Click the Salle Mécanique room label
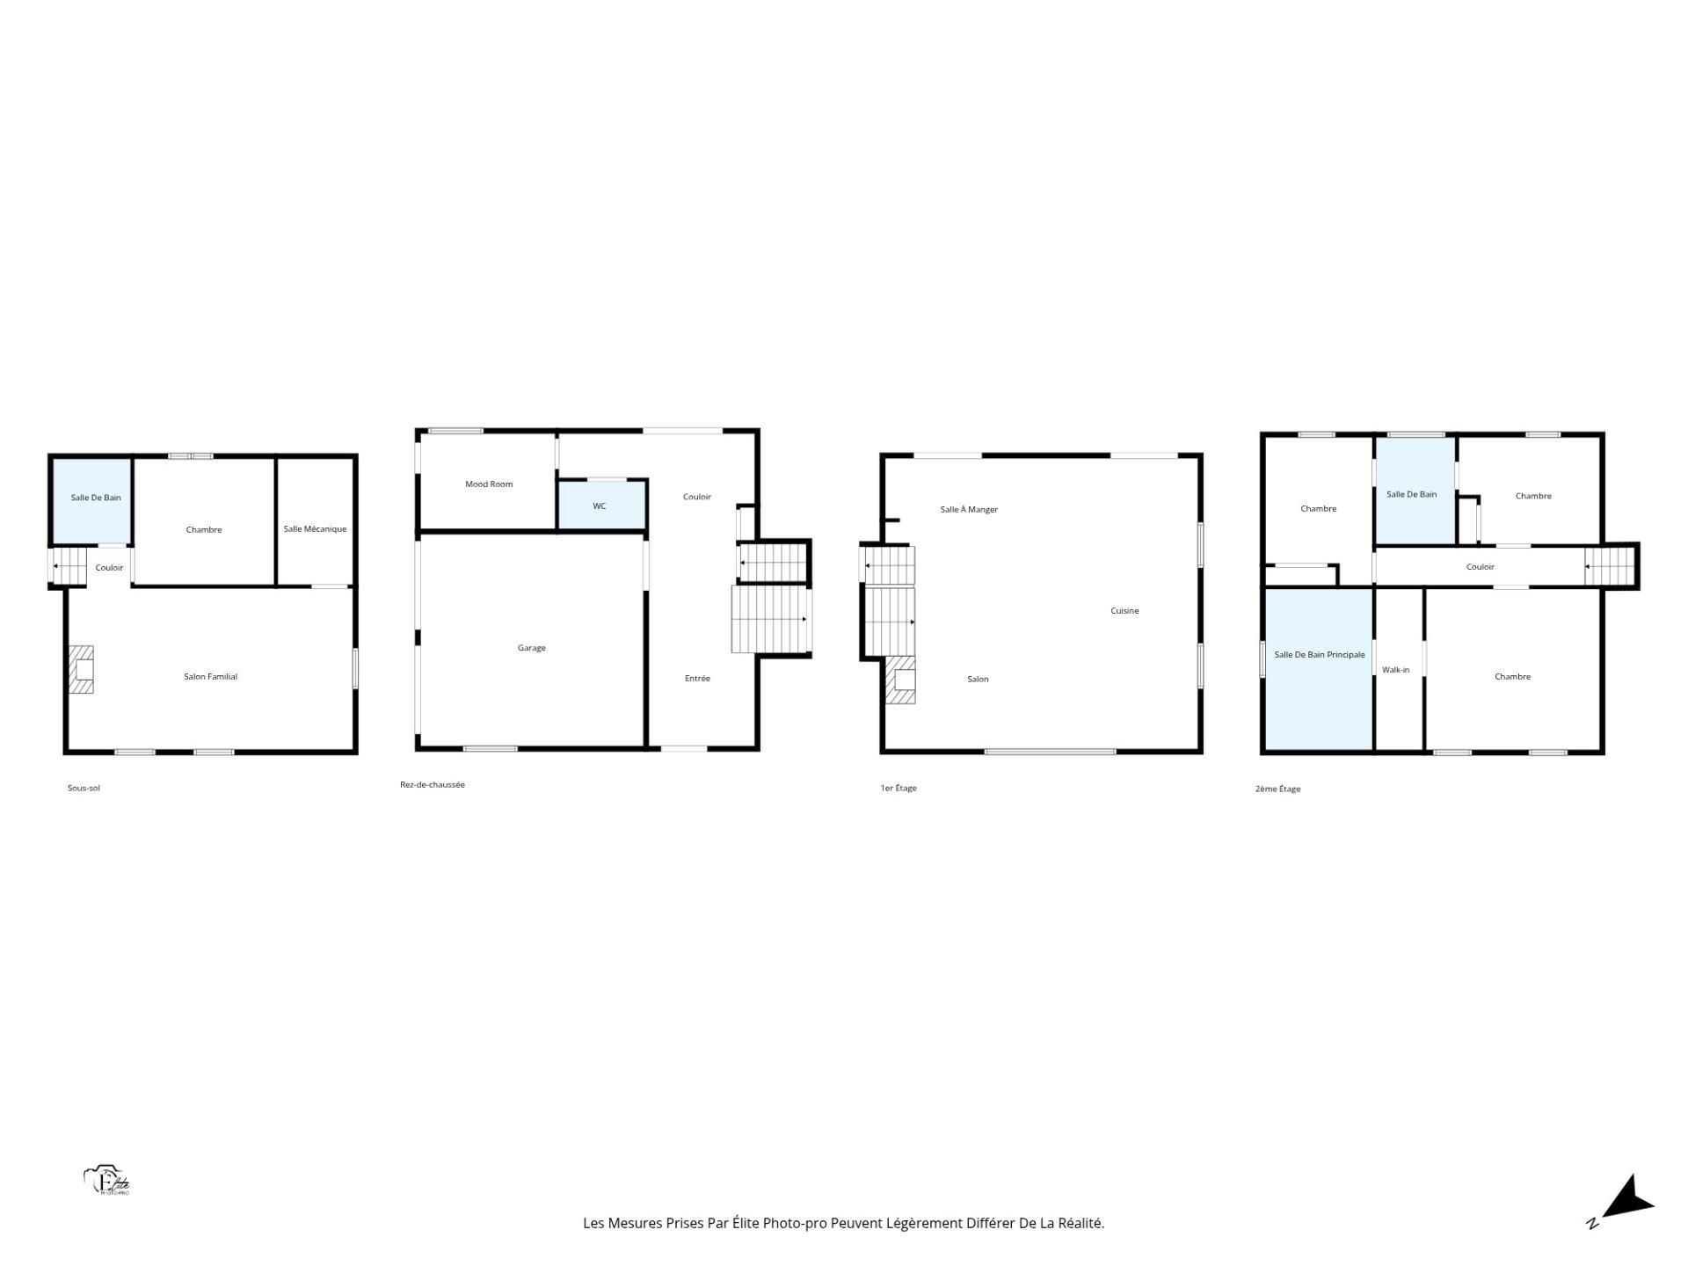tap(315, 529)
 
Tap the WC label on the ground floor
tap(600, 506)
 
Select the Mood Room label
tap(489, 484)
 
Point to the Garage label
tap(532, 648)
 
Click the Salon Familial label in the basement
tap(211, 677)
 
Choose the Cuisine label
tap(1124, 611)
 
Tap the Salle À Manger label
tap(969, 510)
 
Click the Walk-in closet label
tap(1395, 670)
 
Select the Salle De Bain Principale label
tap(1320, 655)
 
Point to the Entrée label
tap(698, 679)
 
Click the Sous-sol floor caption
tap(84, 789)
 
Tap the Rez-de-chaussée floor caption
tap(433, 785)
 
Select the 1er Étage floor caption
tap(899, 789)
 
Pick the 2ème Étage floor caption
tap(1278, 789)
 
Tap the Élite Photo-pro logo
tap(107, 1181)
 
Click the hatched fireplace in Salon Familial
tap(82, 670)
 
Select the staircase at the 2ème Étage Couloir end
tap(1610, 567)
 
